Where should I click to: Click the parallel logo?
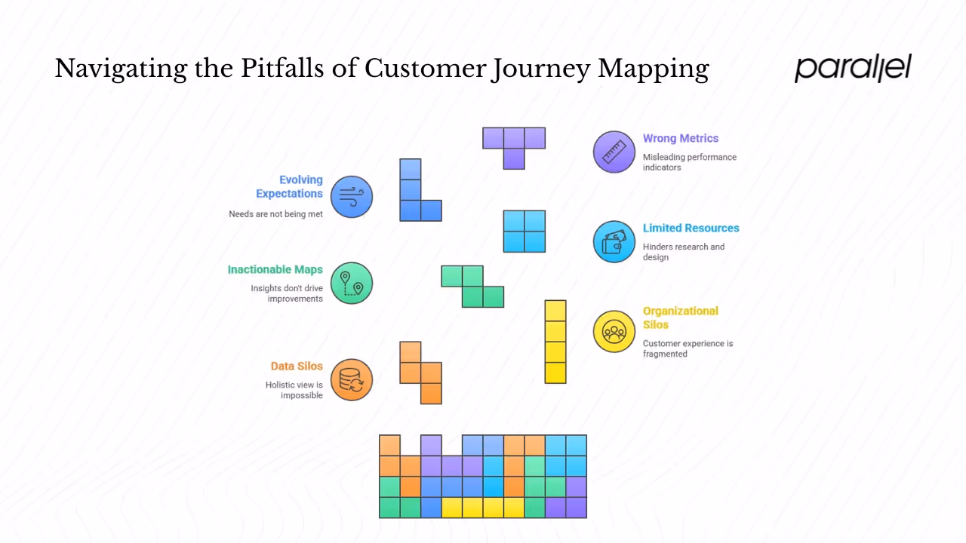point(853,68)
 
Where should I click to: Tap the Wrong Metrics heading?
point(680,138)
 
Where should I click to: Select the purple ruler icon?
point(614,152)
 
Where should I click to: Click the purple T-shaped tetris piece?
point(514,143)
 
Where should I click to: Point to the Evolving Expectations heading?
point(289,186)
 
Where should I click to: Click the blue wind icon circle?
point(352,197)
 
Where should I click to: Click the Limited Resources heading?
point(691,228)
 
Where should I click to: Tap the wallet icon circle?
point(614,241)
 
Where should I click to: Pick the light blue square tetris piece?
point(525,231)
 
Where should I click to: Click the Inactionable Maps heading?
point(275,269)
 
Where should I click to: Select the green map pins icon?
point(352,283)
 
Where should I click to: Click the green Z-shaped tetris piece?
point(473,287)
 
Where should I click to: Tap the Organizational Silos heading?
point(680,318)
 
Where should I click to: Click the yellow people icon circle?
point(614,331)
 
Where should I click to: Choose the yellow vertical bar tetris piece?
point(555,342)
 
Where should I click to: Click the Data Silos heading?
point(297,366)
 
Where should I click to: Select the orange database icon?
point(352,379)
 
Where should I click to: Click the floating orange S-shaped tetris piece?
point(421,373)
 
